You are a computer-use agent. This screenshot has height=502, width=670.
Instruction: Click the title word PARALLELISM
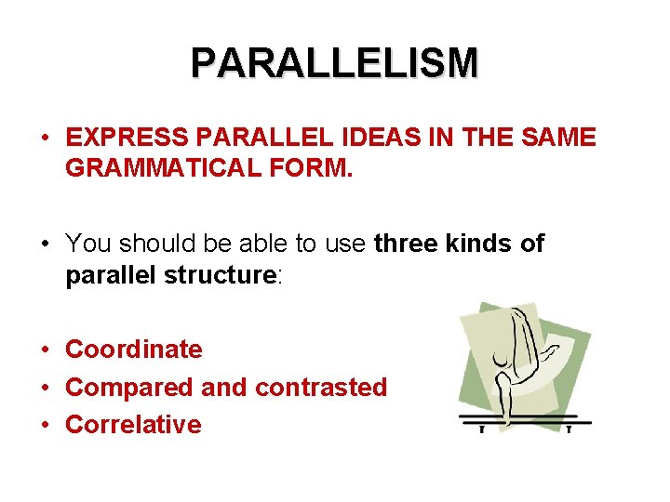(x=335, y=63)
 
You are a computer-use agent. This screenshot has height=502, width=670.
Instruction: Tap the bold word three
(x=408, y=244)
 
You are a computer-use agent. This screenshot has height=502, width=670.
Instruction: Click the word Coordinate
(x=133, y=350)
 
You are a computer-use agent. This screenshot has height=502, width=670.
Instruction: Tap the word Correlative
(x=133, y=425)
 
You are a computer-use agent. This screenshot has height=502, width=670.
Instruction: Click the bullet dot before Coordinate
(x=45, y=350)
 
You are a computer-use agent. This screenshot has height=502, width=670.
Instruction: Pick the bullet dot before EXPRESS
(x=45, y=138)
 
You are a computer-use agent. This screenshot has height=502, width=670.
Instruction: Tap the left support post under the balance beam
(x=482, y=429)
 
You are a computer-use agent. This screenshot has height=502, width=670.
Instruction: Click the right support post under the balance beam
(x=568, y=429)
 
